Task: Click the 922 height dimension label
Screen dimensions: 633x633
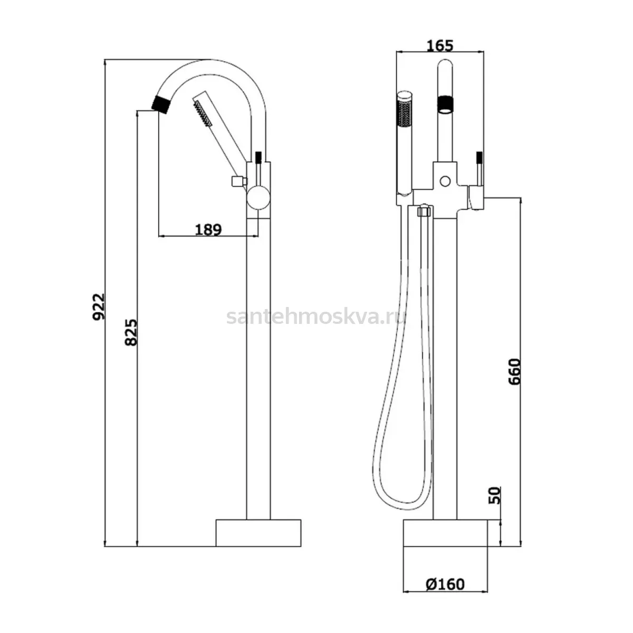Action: tap(99, 306)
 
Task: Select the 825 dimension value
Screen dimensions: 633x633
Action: tap(131, 332)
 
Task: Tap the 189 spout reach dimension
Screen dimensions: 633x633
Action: tap(208, 229)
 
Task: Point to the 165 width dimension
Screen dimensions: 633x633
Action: tap(440, 46)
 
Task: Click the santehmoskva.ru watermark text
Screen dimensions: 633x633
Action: tap(315, 318)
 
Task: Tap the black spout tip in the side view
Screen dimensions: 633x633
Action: tap(161, 104)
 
